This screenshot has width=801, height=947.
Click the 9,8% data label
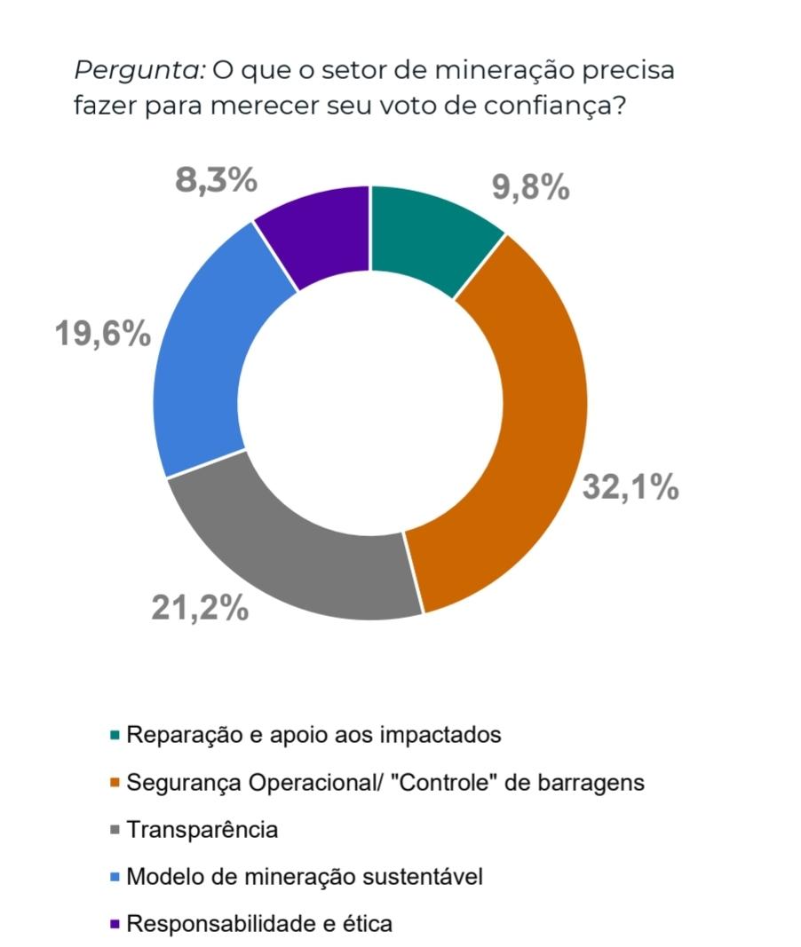click(530, 187)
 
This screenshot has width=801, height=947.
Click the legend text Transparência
click(202, 830)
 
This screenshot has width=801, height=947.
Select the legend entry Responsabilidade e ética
click(259, 924)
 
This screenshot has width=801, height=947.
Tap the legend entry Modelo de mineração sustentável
click(305, 877)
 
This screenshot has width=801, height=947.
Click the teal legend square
click(115, 736)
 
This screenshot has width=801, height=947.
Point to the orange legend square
click(115, 783)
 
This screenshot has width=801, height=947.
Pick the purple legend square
click(115, 924)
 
